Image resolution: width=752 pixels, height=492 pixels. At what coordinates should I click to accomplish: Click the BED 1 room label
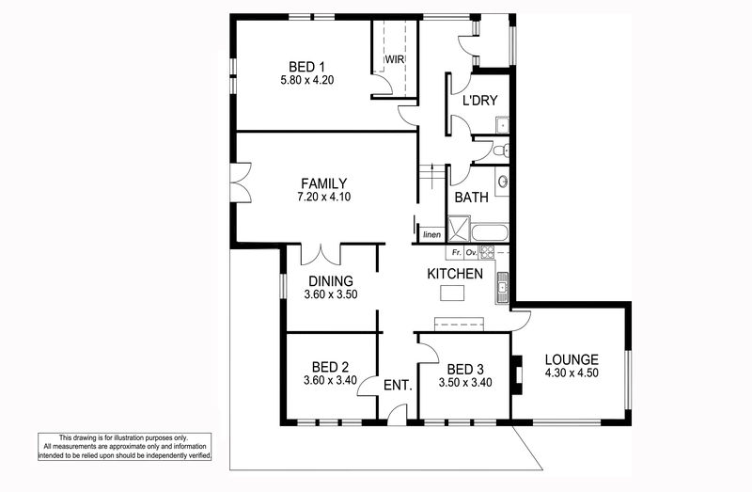click(x=307, y=67)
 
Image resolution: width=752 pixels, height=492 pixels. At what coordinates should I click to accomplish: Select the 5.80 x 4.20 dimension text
click(x=307, y=80)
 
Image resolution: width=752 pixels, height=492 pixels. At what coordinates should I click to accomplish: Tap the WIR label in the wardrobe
click(x=395, y=59)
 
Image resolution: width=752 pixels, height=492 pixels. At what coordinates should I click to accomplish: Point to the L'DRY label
click(x=479, y=101)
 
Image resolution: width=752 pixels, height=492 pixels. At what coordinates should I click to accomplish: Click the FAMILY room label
click(x=323, y=183)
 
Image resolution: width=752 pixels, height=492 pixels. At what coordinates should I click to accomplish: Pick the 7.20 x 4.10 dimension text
click(x=323, y=197)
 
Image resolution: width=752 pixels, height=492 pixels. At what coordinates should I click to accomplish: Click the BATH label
click(x=472, y=198)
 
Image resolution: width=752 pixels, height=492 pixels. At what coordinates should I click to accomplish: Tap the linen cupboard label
click(x=432, y=235)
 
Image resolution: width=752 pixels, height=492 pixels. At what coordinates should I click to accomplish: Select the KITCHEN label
click(x=455, y=274)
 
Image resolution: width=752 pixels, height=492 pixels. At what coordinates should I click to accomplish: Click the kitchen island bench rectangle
click(x=452, y=293)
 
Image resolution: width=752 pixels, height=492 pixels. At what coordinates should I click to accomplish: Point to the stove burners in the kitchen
click(x=486, y=252)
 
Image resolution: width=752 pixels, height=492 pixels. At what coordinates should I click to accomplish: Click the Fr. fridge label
click(x=457, y=252)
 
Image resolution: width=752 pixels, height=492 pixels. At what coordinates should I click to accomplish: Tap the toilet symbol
click(x=501, y=151)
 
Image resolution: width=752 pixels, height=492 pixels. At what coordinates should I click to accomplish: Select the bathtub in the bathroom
click(x=489, y=232)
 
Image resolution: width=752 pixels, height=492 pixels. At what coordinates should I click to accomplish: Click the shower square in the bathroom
click(x=459, y=229)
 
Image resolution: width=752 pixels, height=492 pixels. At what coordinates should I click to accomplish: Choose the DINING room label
click(x=331, y=281)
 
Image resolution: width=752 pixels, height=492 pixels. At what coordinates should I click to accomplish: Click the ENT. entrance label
click(x=398, y=386)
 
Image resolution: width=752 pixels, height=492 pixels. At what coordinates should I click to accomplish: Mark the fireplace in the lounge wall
click(x=516, y=375)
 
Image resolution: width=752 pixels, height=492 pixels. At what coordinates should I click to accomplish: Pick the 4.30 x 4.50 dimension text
click(x=572, y=373)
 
